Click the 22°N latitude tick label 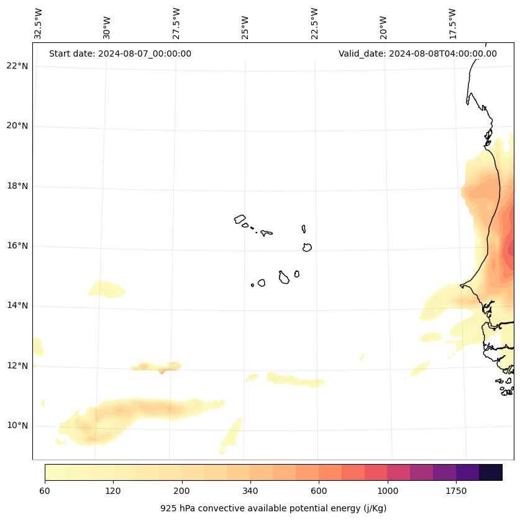(17, 66)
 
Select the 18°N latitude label (17, 186)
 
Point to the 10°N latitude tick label (17, 426)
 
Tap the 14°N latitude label (17, 306)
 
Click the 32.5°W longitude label (39, 24)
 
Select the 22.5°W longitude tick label (314, 24)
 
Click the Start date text (120, 53)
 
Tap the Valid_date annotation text (417, 53)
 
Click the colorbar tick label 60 (45, 491)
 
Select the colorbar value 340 (250, 491)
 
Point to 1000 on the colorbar (388, 491)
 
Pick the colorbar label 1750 (456, 491)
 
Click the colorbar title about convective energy (273, 508)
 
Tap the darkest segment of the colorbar (491, 472)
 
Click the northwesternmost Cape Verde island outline (240, 219)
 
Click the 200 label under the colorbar (182, 491)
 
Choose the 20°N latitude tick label (17, 126)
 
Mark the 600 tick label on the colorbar (319, 491)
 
